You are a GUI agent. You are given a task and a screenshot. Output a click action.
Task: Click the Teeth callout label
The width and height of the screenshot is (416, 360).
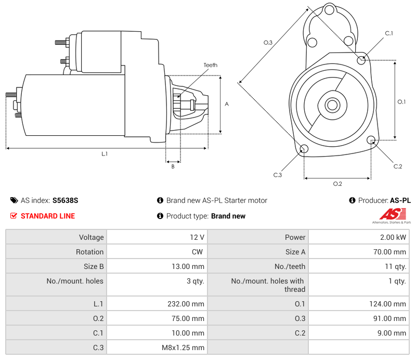pyautogui.click(x=210, y=65)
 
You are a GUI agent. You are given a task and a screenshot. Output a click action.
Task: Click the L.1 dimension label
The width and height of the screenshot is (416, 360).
pyautogui.click(x=105, y=153)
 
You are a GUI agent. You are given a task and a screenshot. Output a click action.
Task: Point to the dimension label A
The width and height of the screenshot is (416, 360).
pyautogui.click(x=227, y=104)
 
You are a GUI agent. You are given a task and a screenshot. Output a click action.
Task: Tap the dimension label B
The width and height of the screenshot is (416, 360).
pyautogui.click(x=173, y=166)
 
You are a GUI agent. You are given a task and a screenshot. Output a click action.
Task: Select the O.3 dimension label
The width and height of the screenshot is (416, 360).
pyautogui.click(x=268, y=43)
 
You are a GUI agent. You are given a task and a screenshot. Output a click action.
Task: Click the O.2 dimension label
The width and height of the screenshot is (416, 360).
pyautogui.click(x=337, y=184)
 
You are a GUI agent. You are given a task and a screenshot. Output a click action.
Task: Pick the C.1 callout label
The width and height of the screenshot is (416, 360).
pyautogui.click(x=389, y=33)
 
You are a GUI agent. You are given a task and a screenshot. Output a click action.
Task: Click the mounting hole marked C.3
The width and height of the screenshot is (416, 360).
pyautogui.click(x=304, y=150)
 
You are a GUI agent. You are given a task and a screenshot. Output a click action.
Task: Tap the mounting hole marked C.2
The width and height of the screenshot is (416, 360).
pyautogui.click(x=371, y=140)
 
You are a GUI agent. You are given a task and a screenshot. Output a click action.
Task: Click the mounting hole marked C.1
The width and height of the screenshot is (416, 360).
pyautogui.click(x=362, y=60)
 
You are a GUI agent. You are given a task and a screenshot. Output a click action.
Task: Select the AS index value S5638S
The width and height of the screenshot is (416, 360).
pyautogui.click(x=65, y=200)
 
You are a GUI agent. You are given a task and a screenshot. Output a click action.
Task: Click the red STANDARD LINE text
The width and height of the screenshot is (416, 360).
pyautogui.click(x=47, y=216)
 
